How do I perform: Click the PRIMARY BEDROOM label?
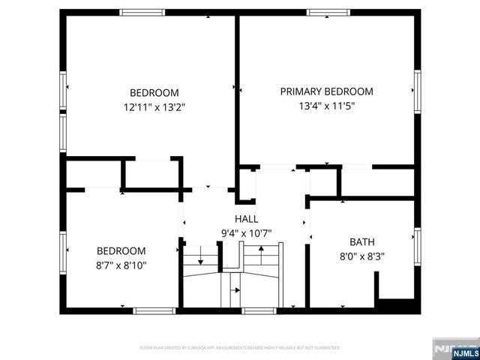click(326, 91)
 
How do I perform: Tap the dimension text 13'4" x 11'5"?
click(326, 106)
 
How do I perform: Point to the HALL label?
click(246, 219)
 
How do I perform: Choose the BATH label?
click(362, 242)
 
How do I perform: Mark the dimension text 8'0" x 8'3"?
click(362, 256)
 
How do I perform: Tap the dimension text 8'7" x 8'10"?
click(121, 265)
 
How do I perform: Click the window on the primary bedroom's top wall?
click(328, 12)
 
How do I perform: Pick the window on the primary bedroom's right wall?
click(417, 90)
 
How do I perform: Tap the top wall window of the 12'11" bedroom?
click(142, 12)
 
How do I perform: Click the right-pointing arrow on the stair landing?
click(236, 289)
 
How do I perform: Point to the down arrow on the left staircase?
click(200, 260)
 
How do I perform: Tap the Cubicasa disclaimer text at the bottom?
click(240, 348)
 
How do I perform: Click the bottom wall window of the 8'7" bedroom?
click(155, 310)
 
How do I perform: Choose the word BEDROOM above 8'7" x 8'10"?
click(121, 251)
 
